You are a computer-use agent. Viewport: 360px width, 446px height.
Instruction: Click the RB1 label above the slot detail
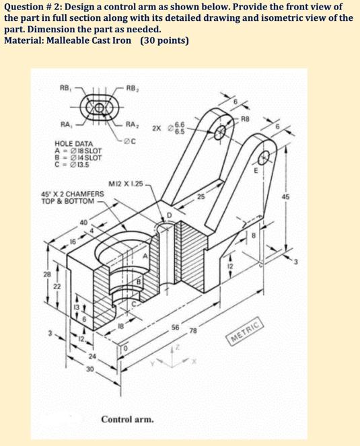[65, 87]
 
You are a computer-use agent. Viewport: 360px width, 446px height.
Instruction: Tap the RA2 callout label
[133, 126]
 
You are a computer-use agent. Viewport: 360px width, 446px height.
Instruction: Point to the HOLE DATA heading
[73, 144]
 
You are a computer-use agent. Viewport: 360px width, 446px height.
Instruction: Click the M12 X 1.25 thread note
[125, 184]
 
